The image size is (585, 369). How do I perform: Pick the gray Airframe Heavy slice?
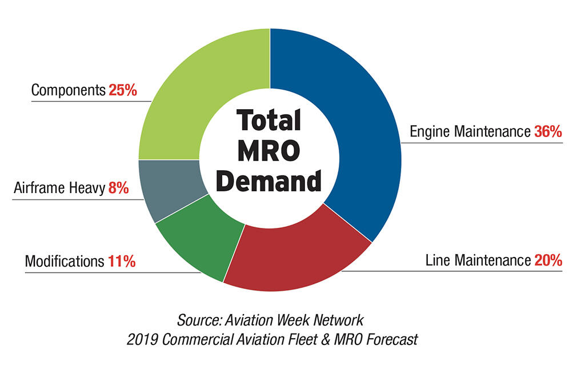point(166,188)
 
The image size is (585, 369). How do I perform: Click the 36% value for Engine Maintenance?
point(548,131)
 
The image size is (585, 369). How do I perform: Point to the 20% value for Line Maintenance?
point(548,260)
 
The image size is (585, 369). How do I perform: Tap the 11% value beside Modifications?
point(122,262)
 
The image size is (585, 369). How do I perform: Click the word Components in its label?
point(68,90)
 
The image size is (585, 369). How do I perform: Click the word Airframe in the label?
point(37,188)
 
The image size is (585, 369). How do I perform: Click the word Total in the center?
point(269,121)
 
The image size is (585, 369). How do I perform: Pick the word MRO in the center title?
point(269,151)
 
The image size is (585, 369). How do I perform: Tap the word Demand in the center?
point(270,181)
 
